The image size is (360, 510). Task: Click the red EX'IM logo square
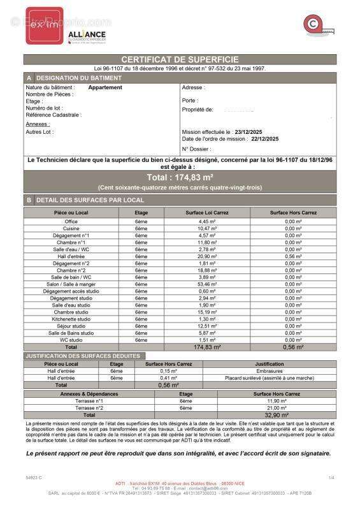click(45, 25)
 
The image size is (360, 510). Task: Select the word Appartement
click(105, 87)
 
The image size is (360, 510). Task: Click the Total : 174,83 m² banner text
click(180, 177)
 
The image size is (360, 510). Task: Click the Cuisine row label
click(71, 228)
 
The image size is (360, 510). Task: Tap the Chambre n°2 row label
click(71, 270)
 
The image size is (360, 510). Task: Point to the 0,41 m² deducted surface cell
click(169, 378)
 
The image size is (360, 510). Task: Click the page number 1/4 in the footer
click(331, 477)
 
